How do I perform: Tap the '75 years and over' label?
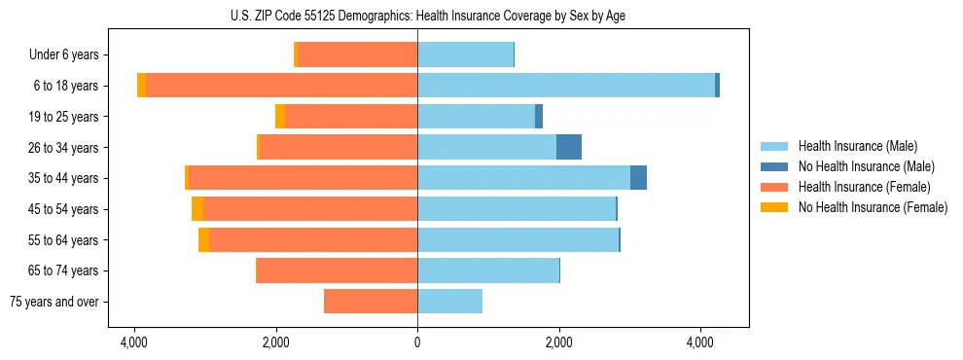point(54,302)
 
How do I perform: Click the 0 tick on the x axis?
point(417,342)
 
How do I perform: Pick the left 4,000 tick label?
point(134,342)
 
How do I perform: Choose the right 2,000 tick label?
point(558,342)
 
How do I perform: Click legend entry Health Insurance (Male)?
point(857,146)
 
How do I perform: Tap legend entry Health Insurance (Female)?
point(864,187)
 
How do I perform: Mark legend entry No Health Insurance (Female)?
point(873,207)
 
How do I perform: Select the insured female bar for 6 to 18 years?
point(282,86)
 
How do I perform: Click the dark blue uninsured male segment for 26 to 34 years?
point(569,147)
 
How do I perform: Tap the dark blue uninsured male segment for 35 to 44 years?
point(638,178)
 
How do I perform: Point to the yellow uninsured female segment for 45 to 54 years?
point(197,209)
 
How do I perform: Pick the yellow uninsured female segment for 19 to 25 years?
point(280,117)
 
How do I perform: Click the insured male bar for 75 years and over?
point(449,302)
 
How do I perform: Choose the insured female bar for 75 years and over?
point(371,302)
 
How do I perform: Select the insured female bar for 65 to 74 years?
point(338,270)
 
